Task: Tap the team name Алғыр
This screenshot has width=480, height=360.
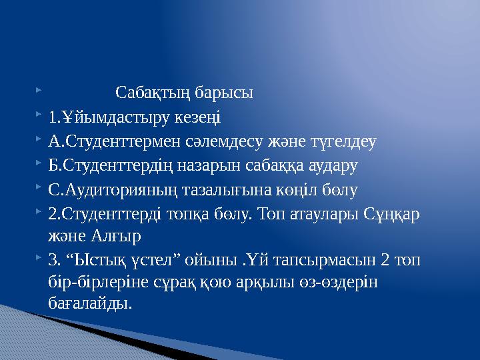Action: tap(119, 237)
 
